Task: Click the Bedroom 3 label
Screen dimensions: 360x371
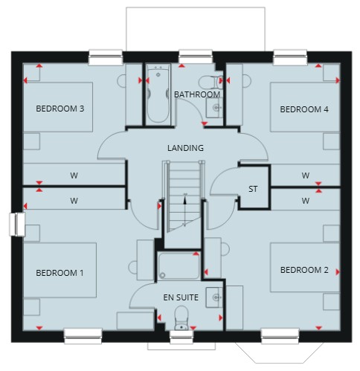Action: [60, 109]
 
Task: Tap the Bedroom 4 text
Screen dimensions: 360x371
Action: [304, 109]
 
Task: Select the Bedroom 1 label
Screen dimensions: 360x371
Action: [60, 273]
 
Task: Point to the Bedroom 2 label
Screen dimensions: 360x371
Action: [304, 270]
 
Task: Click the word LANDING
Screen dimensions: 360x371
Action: [185, 148]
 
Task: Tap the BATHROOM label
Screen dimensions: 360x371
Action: [197, 94]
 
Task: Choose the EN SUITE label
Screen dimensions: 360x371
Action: [181, 297]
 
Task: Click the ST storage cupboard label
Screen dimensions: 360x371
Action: [253, 189]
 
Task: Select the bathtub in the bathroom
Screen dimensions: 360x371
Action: [158, 94]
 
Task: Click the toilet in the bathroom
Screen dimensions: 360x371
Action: [210, 82]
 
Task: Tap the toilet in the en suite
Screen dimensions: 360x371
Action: [181, 318]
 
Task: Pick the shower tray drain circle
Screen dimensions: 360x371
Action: [163, 275]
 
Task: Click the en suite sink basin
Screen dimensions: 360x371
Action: [215, 297]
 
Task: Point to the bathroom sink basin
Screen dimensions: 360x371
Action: [215, 108]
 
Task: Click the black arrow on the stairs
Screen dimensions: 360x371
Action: [184, 210]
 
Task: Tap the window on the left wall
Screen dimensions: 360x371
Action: [17, 224]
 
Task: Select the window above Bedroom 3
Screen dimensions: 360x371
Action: [106, 57]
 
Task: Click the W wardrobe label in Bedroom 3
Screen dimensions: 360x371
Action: [74, 175]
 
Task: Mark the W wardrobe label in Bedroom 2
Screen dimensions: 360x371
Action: [306, 201]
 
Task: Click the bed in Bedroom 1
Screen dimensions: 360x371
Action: [60, 270]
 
